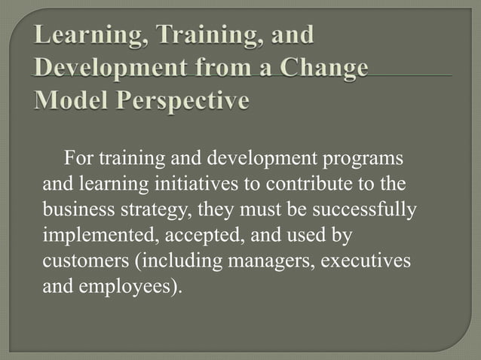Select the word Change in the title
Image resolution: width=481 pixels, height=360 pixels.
click(323, 68)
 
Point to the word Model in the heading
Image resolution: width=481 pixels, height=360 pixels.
click(69, 99)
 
